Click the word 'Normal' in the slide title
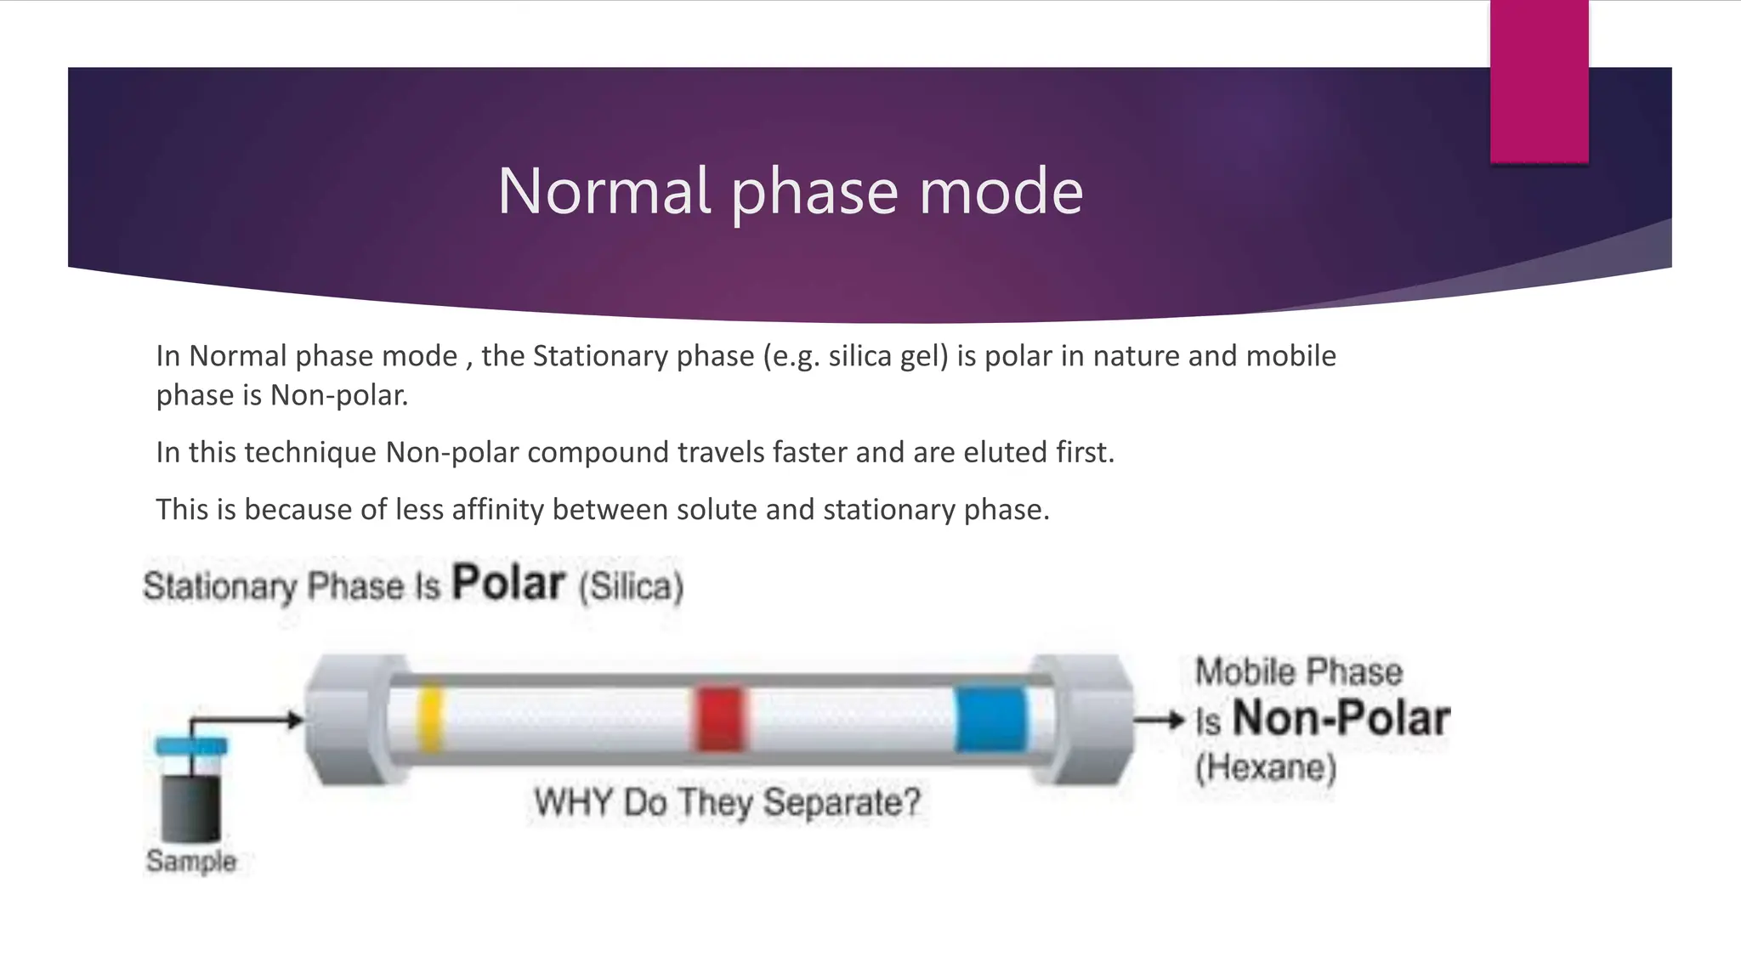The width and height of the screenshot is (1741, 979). (x=604, y=191)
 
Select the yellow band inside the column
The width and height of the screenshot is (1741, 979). (x=430, y=718)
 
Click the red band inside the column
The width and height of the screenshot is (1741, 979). (x=720, y=719)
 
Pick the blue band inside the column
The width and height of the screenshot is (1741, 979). (x=990, y=719)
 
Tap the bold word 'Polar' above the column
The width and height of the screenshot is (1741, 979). (x=508, y=584)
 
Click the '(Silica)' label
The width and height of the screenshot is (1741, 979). (x=632, y=587)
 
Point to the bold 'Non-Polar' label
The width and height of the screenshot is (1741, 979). (x=1341, y=719)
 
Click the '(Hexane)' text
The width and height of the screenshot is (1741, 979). (x=1266, y=767)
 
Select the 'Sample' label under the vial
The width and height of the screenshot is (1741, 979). (x=190, y=861)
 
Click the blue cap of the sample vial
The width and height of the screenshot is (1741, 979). (x=191, y=746)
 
